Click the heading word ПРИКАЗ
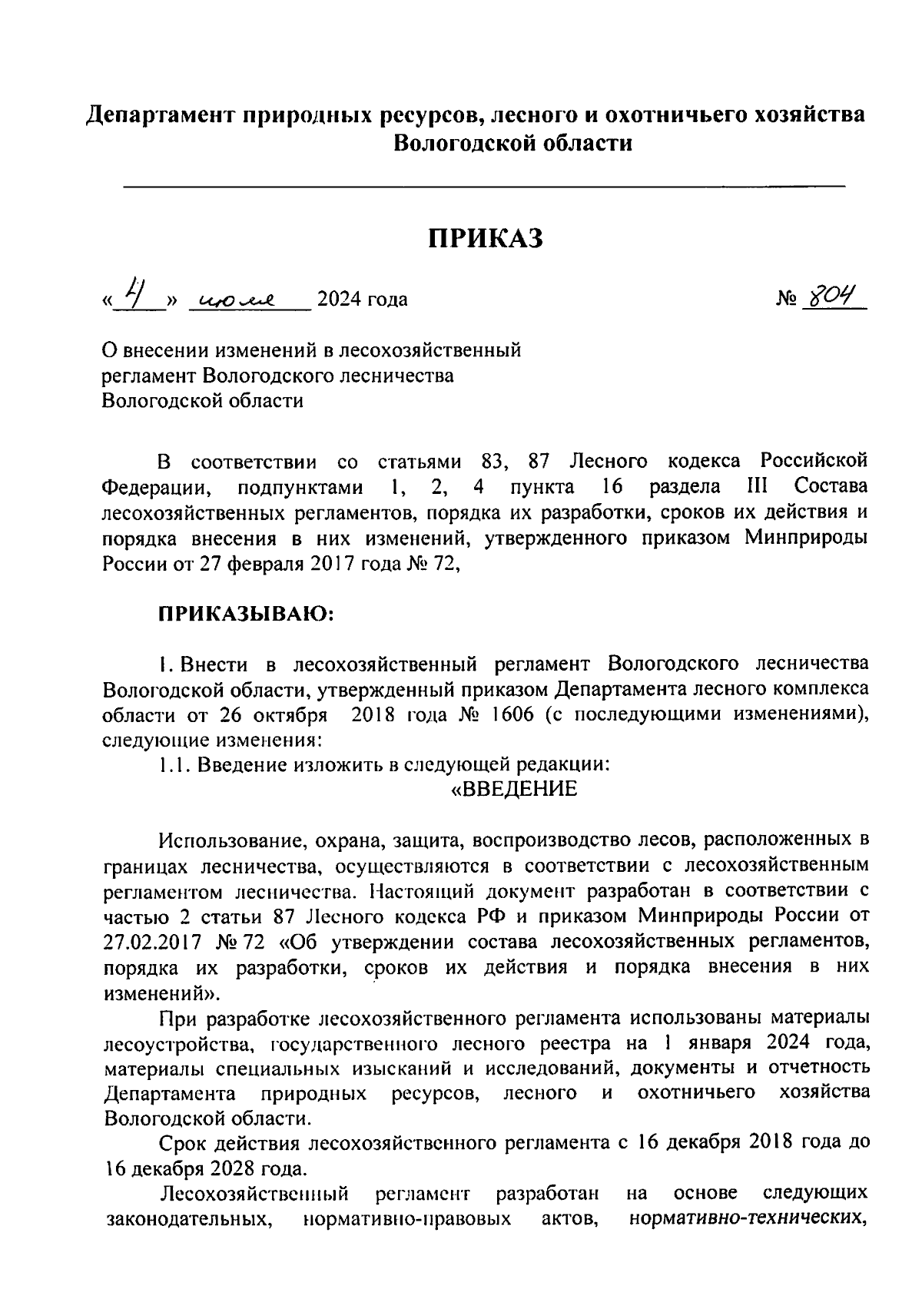pyautogui.click(x=486, y=238)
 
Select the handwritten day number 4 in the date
pyautogui.click(x=137, y=293)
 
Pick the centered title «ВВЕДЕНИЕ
pyautogui.click(x=512, y=790)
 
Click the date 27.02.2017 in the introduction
pyautogui.click(x=152, y=942)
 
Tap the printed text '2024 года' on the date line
pyautogui.click(x=362, y=300)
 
